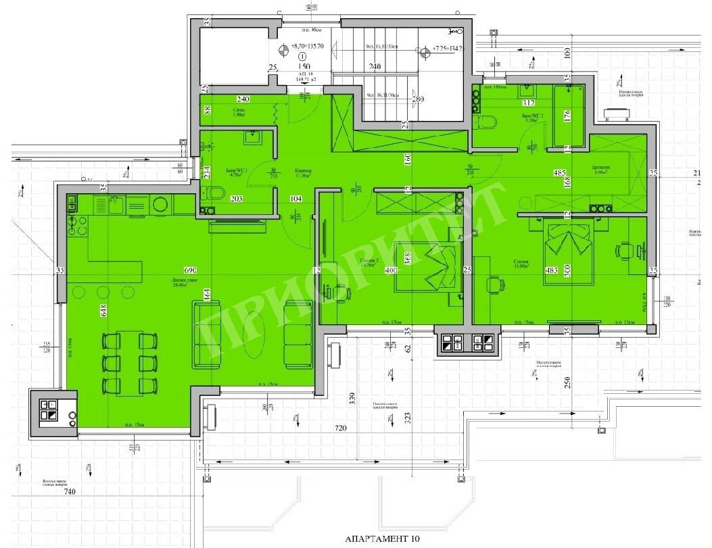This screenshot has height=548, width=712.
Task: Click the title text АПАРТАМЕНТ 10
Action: [x=382, y=539]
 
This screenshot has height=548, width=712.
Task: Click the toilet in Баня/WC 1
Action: [x=215, y=195]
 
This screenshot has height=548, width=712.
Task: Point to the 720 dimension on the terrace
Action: [x=340, y=429]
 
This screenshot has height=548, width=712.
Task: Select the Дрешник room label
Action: [x=602, y=170]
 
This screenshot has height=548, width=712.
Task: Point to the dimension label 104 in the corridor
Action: [x=295, y=199]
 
